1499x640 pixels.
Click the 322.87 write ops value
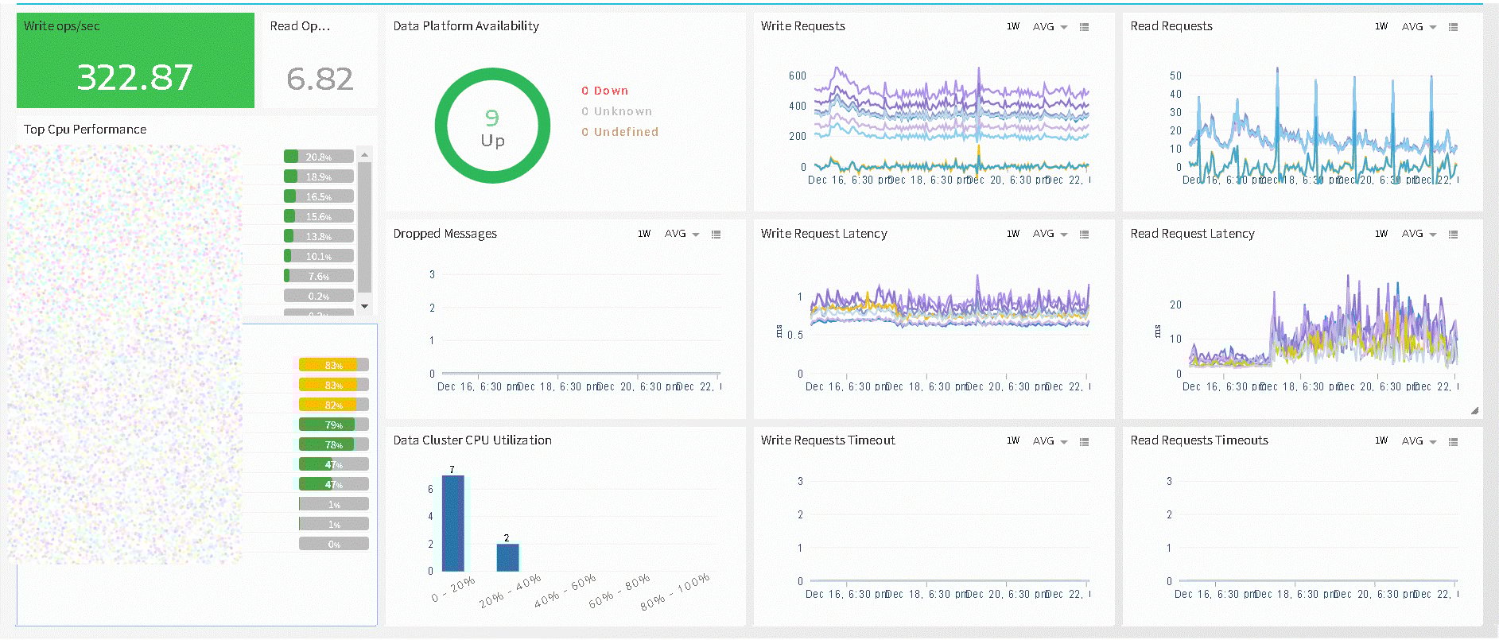coord(134,78)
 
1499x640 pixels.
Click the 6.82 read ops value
coord(320,79)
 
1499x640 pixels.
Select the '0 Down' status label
coord(604,91)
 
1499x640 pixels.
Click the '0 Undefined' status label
coord(619,132)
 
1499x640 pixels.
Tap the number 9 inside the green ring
coord(492,118)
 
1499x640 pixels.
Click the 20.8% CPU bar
coord(318,157)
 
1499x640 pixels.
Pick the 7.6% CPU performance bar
coord(318,276)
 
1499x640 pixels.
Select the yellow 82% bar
coord(333,405)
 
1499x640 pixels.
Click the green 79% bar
coord(333,425)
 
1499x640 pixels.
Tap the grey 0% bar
coord(333,544)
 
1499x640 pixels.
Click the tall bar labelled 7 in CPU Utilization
coord(452,522)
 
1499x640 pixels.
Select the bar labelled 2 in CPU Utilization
coord(507,557)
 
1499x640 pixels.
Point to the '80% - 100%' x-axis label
coord(675,592)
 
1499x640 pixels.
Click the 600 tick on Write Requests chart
coord(797,76)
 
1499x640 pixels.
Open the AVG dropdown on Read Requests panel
coord(1419,27)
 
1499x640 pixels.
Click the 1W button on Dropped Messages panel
coord(644,234)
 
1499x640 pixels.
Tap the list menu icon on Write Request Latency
coord(1084,234)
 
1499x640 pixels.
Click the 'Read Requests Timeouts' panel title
coord(1199,440)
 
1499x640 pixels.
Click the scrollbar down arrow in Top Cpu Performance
coord(364,306)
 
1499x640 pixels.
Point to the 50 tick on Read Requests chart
coord(1175,76)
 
